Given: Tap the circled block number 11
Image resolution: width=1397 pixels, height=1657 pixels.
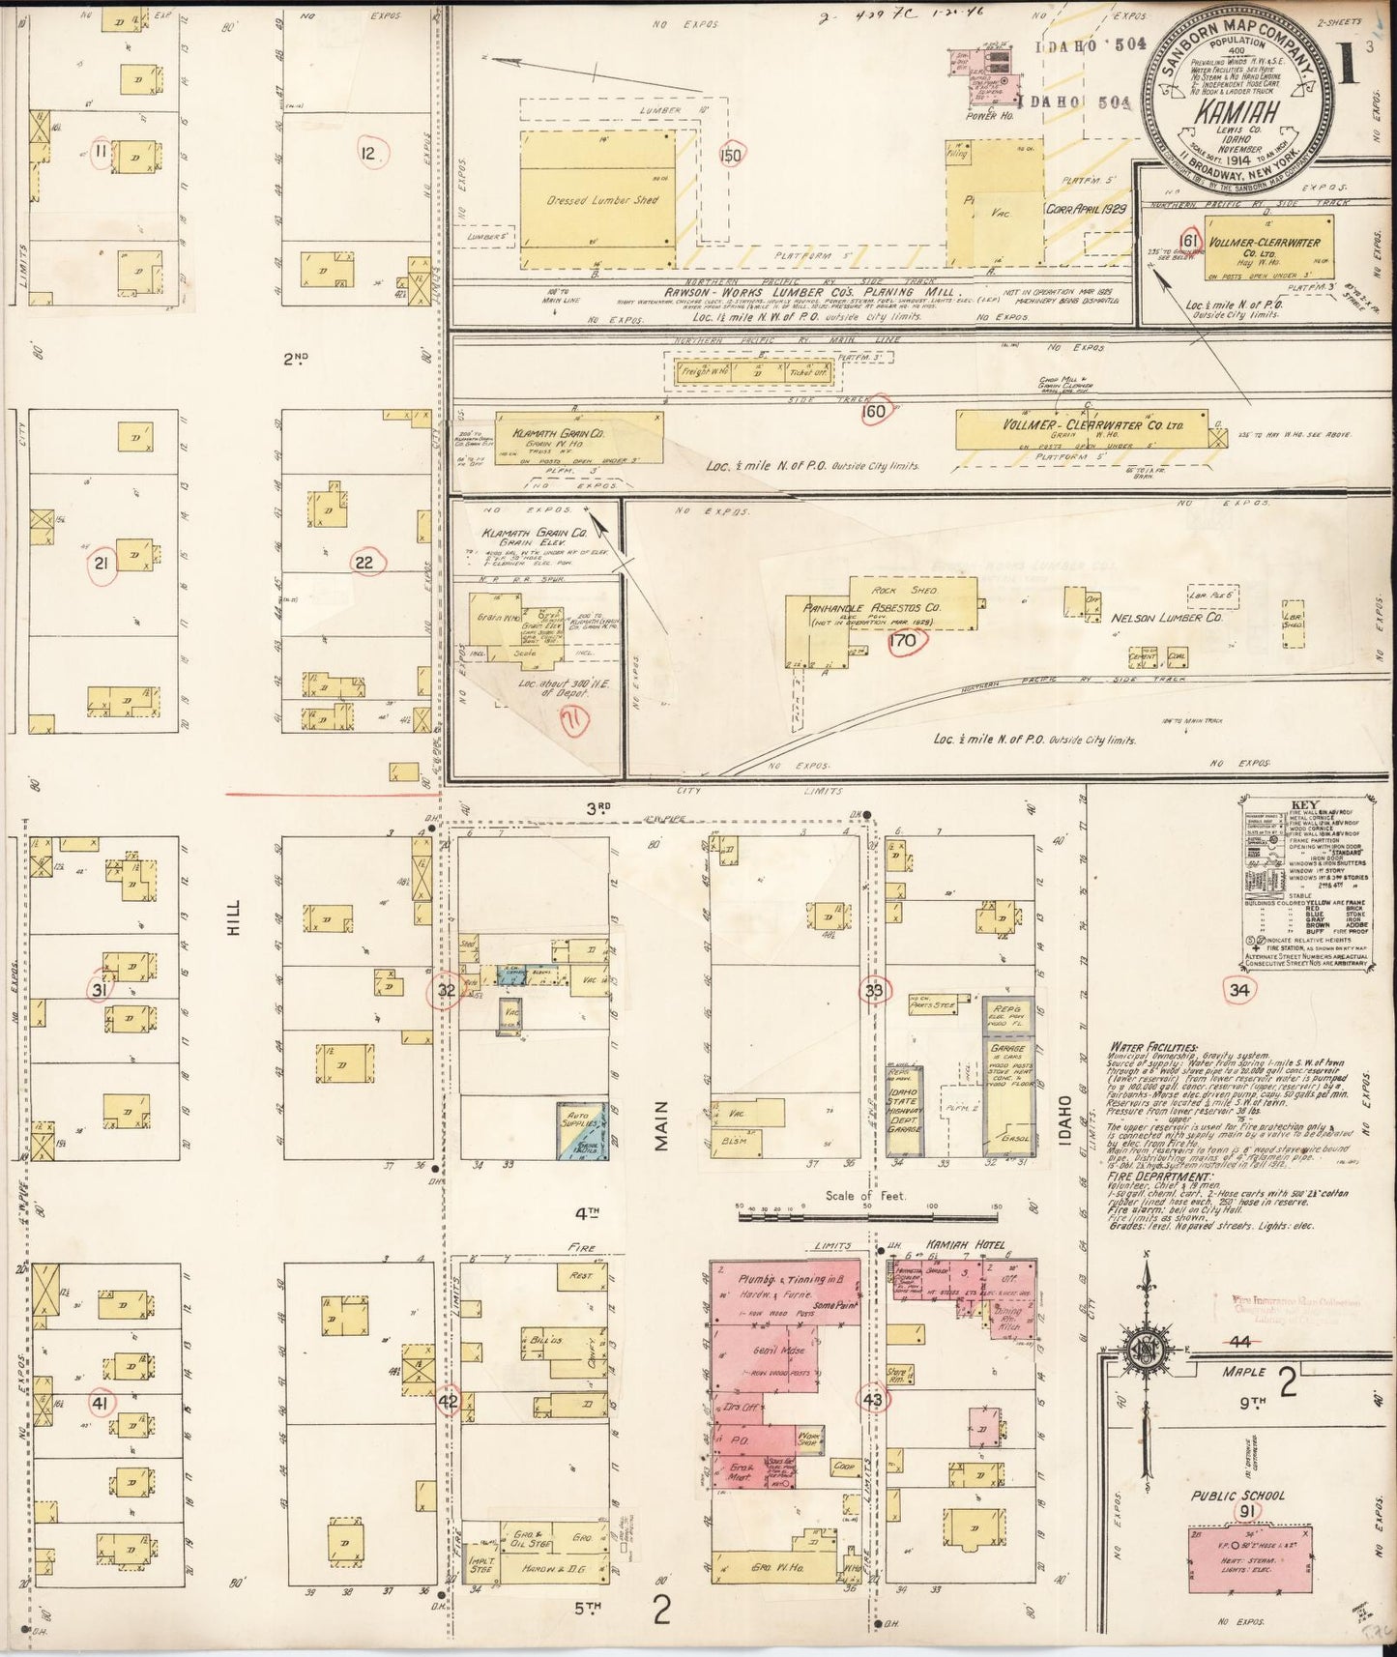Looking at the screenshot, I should tap(100, 151).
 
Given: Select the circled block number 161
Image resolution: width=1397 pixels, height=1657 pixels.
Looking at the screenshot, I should tap(1189, 241).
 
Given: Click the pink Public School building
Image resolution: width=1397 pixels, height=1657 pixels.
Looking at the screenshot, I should tap(1250, 1560).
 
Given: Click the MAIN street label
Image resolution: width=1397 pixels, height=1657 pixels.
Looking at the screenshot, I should tap(662, 1126).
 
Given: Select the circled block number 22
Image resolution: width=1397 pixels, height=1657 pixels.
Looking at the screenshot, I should tap(367, 564).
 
